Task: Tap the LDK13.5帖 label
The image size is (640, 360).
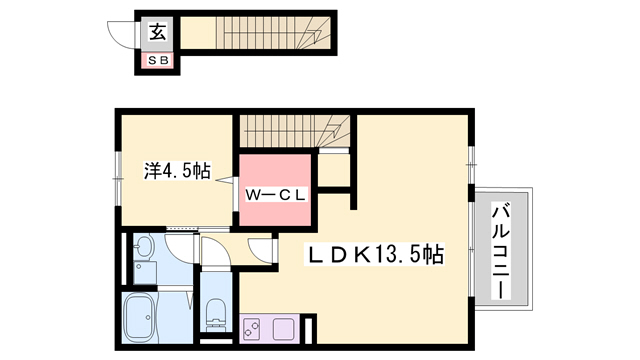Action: click(374, 256)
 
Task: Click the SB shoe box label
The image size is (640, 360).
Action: click(159, 60)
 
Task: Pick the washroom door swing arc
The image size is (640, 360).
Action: click(180, 245)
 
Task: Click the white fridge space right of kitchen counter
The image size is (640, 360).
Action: click(310, 329)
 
